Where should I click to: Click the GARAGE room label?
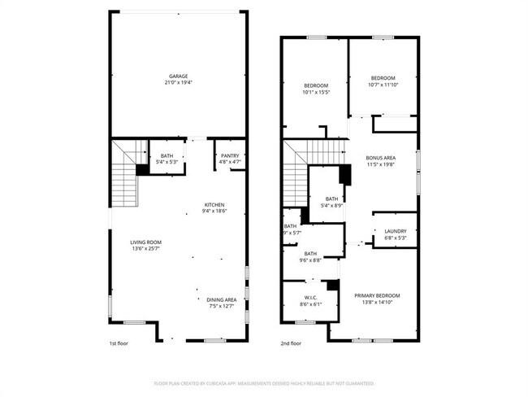[179, 76]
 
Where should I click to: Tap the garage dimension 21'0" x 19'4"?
[179, 83]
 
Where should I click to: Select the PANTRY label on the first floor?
[230, 155]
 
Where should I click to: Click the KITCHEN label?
[214, 204]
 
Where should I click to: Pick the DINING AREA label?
[221, 299]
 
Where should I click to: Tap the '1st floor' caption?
[118, 344]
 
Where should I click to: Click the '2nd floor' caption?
[290, 344]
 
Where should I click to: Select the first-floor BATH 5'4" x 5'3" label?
[167, 155]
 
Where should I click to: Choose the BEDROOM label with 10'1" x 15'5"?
[316, 85]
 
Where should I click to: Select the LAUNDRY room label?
[396, 231]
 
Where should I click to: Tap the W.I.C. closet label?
[309, 297]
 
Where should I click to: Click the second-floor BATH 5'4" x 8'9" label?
[331, 198]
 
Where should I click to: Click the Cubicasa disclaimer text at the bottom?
[264, 382]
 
